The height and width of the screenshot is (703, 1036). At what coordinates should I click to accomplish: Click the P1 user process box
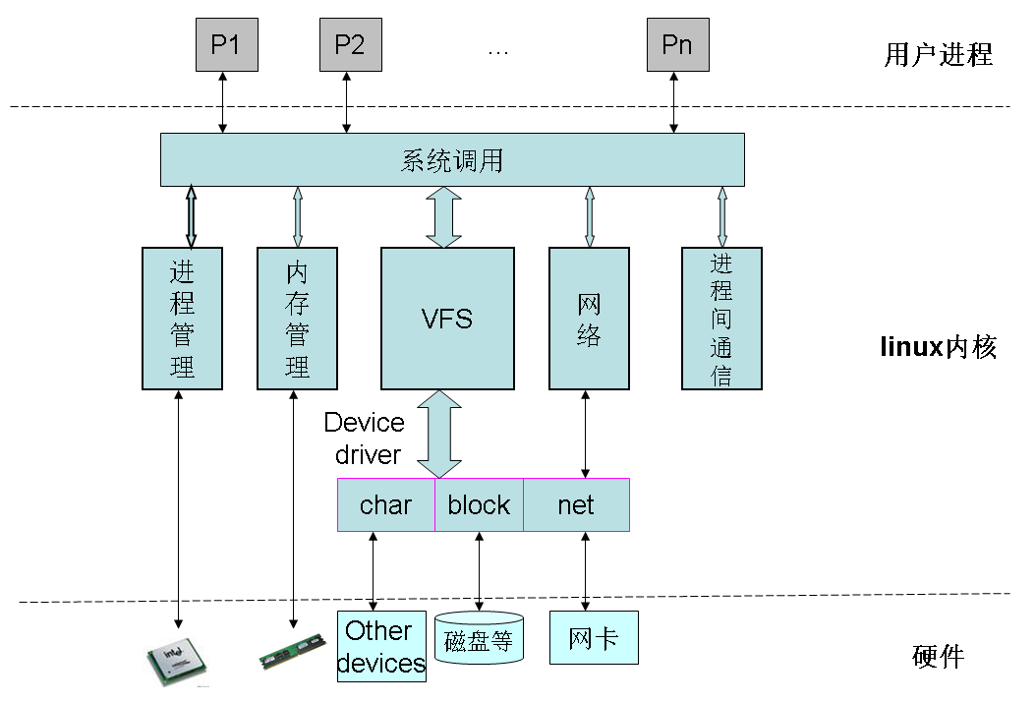(226, 45)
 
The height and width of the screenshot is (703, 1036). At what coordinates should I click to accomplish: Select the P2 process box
(350, 45)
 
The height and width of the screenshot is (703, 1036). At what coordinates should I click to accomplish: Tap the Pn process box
(677, 45)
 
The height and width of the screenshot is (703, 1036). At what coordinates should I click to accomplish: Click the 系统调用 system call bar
(452, 160)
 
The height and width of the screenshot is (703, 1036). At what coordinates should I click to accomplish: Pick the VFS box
(447, 318)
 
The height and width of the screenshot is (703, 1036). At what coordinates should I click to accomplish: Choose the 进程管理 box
(182, 318)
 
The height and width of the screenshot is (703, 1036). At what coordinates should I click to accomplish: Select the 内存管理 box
(297, 318)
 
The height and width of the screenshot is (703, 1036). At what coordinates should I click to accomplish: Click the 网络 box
(589, 318)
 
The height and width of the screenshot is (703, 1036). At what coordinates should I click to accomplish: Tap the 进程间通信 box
(721, 318)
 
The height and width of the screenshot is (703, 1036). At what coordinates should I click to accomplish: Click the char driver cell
(385, 505)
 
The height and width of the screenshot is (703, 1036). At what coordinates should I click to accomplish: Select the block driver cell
(479, 505)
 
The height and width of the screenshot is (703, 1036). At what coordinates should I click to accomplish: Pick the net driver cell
(576, 505)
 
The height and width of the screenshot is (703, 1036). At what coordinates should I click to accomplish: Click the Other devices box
(380, 646)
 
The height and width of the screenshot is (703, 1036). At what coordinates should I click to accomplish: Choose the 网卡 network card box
(594, 637)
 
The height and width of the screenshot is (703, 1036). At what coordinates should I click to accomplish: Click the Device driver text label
(365, 439)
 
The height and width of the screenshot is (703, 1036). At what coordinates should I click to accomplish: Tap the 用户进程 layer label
(938, 54)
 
